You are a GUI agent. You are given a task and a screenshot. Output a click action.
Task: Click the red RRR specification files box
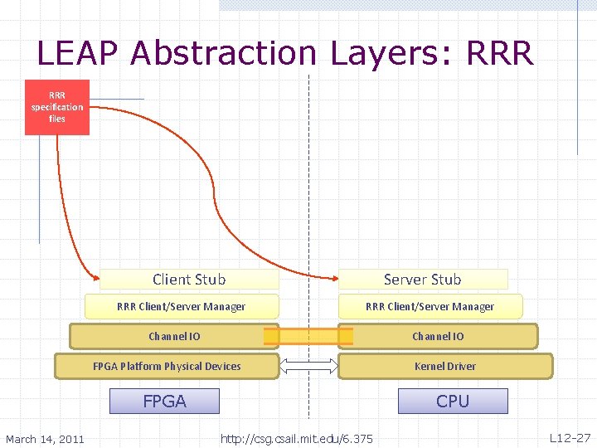click(56, 107)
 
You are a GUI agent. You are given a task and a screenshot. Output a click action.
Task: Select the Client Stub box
click(189, 280)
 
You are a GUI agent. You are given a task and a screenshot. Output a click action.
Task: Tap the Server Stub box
click(422, 280)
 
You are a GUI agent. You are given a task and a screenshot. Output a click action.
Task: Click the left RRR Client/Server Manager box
click(181, 306)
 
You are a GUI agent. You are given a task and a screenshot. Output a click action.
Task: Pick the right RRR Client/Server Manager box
click(430, 306)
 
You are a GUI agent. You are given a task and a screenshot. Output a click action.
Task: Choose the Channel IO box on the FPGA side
click(174, 336)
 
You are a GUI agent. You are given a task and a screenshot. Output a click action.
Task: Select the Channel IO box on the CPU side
click(438, 336)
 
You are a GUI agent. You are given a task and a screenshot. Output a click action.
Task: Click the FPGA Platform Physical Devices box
click(167, 366)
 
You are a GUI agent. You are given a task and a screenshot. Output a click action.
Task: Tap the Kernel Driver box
click(445, 366)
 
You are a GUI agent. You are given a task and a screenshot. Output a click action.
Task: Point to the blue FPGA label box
click(164, 402)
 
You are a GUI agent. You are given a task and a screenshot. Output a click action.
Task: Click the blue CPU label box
click(453, 402)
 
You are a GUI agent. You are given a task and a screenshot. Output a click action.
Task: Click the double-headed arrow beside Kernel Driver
click(308, 366)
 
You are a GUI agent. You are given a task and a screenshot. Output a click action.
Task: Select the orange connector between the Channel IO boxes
click(308, 336)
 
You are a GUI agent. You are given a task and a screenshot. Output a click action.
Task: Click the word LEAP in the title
click(79, 54)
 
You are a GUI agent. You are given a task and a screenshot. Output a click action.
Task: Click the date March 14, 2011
click(45, 439)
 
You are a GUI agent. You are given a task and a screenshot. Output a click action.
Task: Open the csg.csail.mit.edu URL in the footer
click(297, 439)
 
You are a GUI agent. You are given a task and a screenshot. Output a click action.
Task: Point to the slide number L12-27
click(570, 437)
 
